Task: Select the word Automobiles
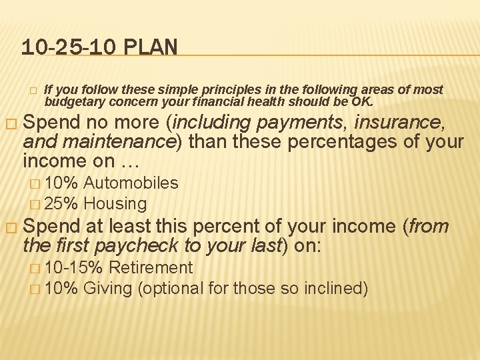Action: [131, 183]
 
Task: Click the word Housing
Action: [115, 203]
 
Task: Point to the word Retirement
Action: [150, 267]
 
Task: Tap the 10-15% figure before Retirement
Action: [73, 267]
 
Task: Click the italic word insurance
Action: [398, 123]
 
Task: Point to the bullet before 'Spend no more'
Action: [9, 124]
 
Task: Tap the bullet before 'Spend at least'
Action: [9, 227]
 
